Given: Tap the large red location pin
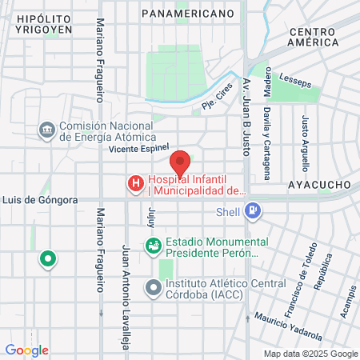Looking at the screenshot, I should [x=180, y=162].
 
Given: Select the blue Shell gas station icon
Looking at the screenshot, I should [x=253, y=211].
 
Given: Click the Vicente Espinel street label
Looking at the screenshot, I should [x=140, y=148].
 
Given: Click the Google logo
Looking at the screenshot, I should [x=26, y=350].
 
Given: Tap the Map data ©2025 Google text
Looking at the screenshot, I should [x=311, y=354].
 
